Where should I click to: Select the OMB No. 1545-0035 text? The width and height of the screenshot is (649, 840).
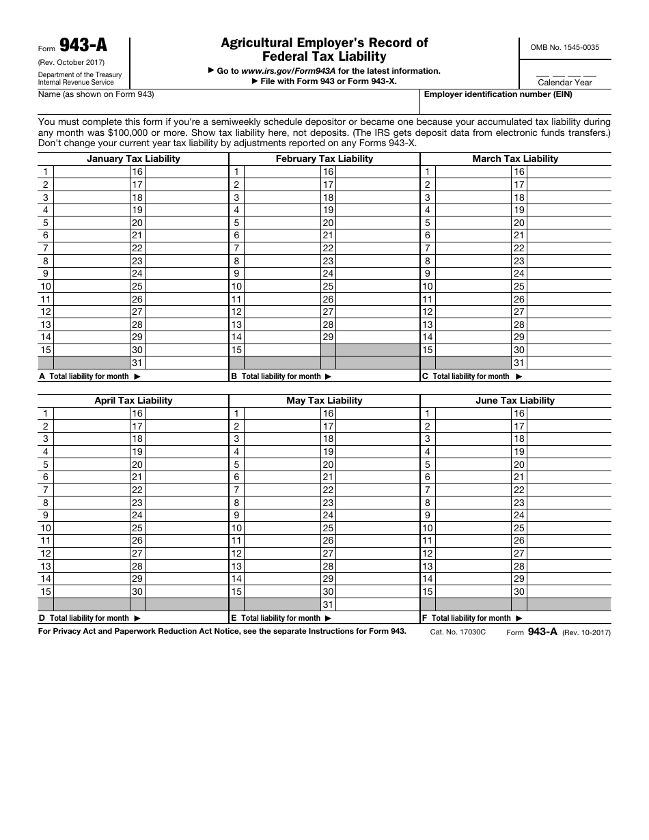(565, 47)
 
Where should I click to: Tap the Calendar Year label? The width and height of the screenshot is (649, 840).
(565, 83)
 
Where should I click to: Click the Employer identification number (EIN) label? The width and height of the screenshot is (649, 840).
(498, 95)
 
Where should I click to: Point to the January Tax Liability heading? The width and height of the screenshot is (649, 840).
(133, 158)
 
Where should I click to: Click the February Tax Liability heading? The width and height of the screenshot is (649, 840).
(324, 158)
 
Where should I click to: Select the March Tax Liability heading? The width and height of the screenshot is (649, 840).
(515, 158)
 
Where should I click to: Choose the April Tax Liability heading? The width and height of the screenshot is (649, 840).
(133, 400)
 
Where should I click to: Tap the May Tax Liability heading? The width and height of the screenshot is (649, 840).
(324, 400)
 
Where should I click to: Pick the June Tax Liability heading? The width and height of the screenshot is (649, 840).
(515, 400)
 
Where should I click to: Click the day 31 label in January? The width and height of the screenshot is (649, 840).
(137, 363)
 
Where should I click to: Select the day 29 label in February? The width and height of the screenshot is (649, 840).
(329, 337)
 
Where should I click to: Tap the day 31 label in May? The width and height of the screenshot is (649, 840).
(329, 605)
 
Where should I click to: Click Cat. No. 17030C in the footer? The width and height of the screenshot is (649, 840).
(458, 632)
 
